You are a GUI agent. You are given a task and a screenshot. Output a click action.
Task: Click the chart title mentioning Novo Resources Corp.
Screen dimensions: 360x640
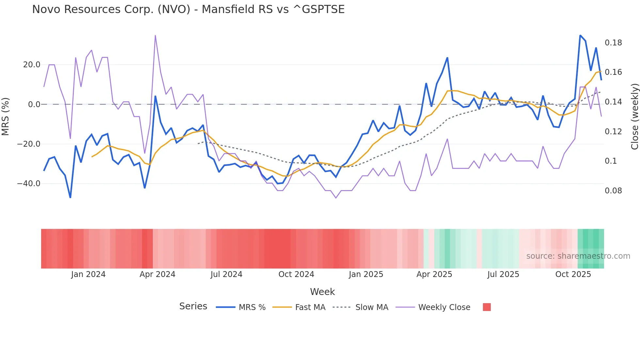click(x=188, y=9)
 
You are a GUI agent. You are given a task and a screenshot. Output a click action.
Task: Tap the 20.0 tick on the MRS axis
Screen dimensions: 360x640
click(x=32, y=65)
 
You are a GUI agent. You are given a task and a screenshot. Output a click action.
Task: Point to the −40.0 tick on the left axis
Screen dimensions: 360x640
click(x=29, y=184)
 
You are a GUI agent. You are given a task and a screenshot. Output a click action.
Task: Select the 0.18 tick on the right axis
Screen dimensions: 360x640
click(x=613, y=43)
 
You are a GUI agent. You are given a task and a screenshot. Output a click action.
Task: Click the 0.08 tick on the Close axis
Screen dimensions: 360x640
click(x=613, y=191)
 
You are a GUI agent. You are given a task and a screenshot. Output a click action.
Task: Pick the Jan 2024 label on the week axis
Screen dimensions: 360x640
click(x=88, y=274)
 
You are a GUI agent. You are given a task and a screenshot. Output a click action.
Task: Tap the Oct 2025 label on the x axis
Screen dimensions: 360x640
click(x=573, y=274)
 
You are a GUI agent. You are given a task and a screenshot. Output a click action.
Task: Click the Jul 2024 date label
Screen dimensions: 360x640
click(x=226, y=274)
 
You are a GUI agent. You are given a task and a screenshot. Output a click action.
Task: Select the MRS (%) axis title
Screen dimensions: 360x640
click(x=6, y=117)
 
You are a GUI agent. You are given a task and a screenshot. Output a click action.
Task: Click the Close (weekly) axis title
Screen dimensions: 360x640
click(x=634, y=117)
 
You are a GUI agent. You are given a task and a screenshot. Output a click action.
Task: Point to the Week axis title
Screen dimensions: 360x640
click(x=322, y=292)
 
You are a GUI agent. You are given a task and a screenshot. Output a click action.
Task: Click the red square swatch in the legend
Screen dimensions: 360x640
click(x=487, y=307)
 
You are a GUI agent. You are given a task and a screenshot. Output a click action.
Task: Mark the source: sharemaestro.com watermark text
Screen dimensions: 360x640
click(x=578, y=256)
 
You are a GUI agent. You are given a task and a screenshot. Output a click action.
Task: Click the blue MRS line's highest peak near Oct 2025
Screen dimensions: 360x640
click(x=580, y=35)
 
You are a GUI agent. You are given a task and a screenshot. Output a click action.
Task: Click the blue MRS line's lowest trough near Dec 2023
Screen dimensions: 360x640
click(x=70, y=197)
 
